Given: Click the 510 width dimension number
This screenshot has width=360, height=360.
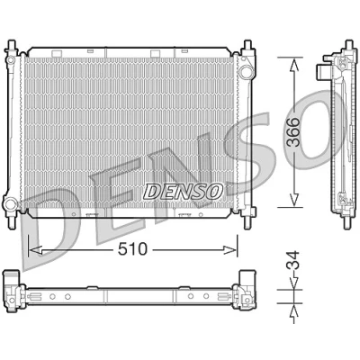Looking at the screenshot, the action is coord(132,249).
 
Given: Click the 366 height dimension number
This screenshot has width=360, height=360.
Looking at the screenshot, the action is coord(293,132).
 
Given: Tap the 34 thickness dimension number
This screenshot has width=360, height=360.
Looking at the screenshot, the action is coord(293,260).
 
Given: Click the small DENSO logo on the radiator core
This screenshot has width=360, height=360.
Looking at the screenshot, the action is coord(183,192).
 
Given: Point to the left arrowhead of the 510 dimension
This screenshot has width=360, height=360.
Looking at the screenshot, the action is coord(35,249).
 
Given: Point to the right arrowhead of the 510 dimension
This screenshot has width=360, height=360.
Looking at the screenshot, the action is coord(229,249).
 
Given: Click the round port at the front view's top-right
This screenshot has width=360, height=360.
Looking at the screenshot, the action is coord(246,71).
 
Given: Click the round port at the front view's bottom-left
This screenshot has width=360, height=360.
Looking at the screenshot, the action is coord(10,204).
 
